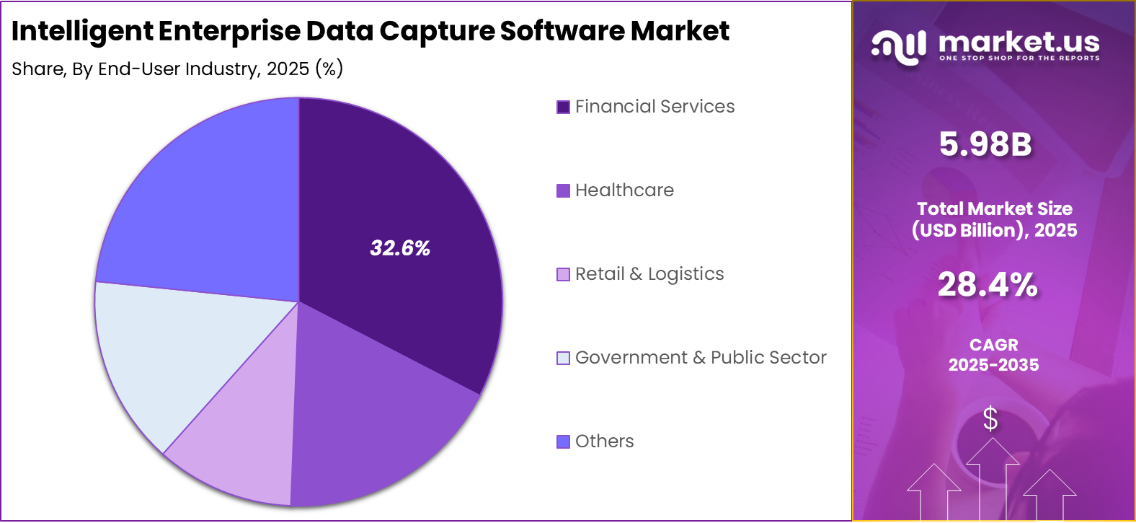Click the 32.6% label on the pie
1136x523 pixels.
pos(400,248)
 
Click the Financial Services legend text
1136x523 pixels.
pos(654,107)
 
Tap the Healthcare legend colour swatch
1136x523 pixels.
pos(563,190)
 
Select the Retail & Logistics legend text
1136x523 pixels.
pos(649,274)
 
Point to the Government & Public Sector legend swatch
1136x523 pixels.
pos(563,358)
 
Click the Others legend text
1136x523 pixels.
pos(604,441)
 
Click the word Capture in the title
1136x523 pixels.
pos(437,31)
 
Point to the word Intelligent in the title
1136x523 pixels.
pos(82,31)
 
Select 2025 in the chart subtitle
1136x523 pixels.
pos(288,69)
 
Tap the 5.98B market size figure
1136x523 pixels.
pos(985,144)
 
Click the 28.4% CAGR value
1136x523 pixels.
pos(988,284)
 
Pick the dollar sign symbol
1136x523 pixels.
pos(990,418)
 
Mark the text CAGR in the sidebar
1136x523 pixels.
pos(993,345)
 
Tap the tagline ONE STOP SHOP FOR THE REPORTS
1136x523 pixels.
pos(1019,58)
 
